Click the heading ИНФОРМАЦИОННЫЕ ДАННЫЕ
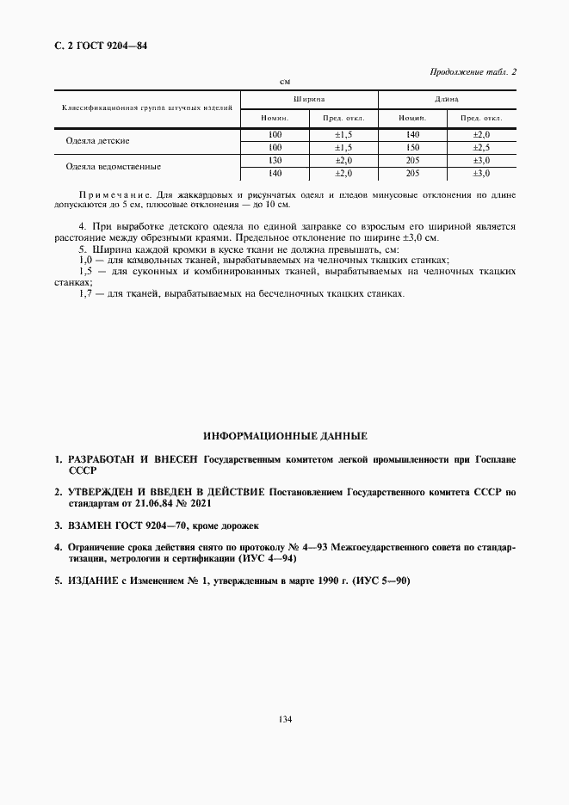click(284, 436)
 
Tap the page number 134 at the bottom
click(284, 719)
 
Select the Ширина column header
click(308, 100)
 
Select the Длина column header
click(446, 100)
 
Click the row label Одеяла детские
click(97, 140)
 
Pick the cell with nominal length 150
click(412, 147)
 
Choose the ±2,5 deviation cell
click(480, 147)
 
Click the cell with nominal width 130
click(275, 160)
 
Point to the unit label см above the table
click(285, 82)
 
